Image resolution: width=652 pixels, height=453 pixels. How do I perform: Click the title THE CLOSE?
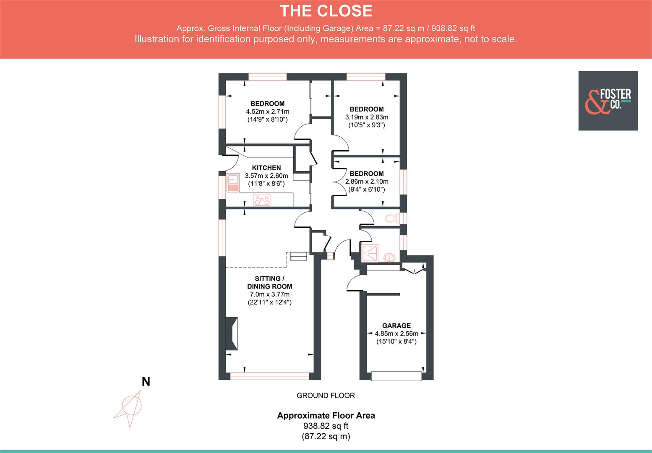point(326,11)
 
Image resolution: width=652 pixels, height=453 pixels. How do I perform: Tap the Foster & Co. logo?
point(608,101)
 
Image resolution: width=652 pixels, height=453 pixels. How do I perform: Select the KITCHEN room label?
point(266,168)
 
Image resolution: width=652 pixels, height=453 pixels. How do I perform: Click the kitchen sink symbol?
point(232,184)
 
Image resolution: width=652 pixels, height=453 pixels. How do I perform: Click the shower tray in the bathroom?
point(370,253)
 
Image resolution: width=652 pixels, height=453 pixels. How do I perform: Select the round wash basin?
point(389,257)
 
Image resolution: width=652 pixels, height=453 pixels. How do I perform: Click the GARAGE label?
point(396,325)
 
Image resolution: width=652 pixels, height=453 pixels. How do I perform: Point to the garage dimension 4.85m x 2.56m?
point(396,333)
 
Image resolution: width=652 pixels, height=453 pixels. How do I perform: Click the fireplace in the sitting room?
point(232,333)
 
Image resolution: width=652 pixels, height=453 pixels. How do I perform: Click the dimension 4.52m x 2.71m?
point(268,112)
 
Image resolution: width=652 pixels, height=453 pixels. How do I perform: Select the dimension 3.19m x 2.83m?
point(366,117)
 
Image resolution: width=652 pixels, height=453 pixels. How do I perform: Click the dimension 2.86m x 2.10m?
point(366,182)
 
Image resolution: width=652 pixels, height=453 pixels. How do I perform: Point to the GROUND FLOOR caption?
point(326,395)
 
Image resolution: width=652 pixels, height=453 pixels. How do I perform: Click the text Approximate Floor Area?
point(326,416)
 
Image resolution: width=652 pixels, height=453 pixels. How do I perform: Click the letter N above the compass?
point(146,382)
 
